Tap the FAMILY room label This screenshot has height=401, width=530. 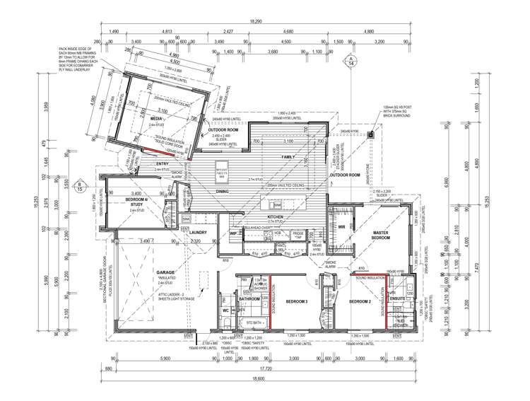click(x=288, y=156)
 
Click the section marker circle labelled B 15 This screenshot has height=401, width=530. click(x=80, y=188)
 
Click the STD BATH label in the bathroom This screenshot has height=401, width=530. click(x=254, y=323)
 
